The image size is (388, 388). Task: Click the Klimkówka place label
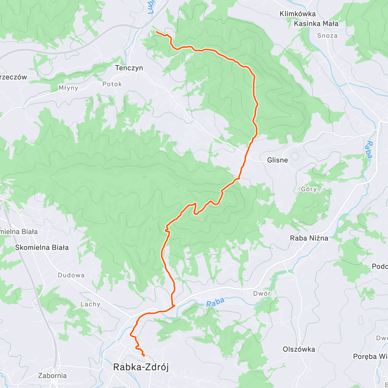coord(297,14)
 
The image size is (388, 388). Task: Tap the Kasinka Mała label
coord(316,24)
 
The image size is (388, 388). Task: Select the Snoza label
coord(327,36)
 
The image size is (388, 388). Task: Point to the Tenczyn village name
coord(129,68)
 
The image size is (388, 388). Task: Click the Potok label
coord(112,84)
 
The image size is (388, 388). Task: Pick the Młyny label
coord(69,88)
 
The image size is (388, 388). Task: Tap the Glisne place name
coord(277,160)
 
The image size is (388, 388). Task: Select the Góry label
coord(309,189)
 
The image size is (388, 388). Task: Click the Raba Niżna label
coord(309,238)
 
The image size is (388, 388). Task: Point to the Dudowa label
coord(71,275)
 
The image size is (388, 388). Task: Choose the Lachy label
coord(90,304)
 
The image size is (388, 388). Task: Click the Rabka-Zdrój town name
coord(141,367)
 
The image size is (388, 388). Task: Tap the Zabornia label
coord(52,376)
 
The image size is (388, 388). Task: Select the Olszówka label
coord(299,349)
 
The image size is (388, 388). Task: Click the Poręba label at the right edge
coord(370,356)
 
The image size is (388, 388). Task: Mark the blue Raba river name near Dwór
coord(215,303)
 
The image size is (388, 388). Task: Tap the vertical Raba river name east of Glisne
coord(369,150)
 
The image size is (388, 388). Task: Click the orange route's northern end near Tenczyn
coord(156,32)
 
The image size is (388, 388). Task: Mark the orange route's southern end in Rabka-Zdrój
coord(143,356)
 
